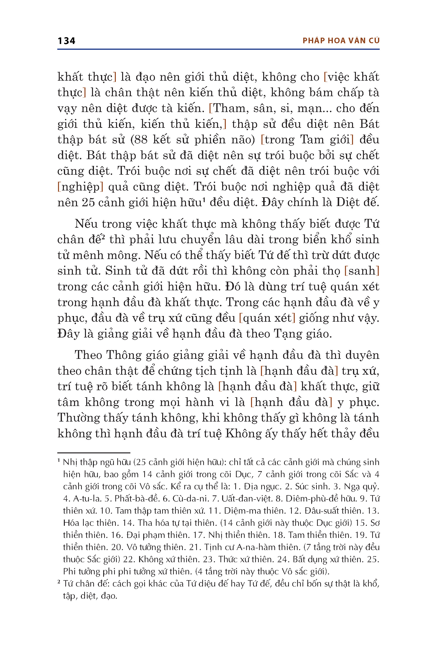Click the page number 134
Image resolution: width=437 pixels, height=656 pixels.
pos(66,41)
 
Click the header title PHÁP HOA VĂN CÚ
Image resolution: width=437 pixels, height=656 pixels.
pos(341,41)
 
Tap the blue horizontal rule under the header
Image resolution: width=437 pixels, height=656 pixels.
pos(218,49)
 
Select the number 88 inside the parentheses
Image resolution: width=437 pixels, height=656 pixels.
pos(141,140)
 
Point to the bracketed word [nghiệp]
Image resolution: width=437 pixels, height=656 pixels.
pos(80,187)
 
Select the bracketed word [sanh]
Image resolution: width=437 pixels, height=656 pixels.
pos(362,271)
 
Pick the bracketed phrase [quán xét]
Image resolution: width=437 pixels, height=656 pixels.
pos(267,318)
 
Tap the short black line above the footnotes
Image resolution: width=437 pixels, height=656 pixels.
pos(94,453)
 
